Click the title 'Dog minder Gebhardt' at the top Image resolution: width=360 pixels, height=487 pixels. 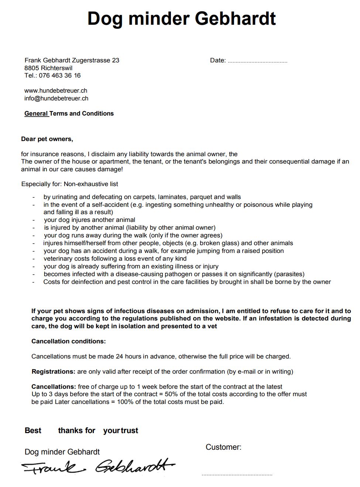[x=181, y=18]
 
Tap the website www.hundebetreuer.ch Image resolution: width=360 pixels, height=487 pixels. [x=56, y=90]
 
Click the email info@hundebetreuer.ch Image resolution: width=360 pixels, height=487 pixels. [x=56, y=98]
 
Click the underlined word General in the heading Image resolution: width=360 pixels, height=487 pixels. [x=36, y=114]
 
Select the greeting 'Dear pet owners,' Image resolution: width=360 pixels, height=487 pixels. [x=47, y=139]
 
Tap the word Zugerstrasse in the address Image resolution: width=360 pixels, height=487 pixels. [x=92, y=60]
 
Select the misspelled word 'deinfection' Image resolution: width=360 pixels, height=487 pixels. [x=87, y=282]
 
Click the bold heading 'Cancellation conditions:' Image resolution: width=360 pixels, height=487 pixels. [x=68, y=341]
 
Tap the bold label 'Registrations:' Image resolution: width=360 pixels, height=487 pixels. [x=54, y=371]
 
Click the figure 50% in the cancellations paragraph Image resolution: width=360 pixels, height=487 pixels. [x=171, y=394]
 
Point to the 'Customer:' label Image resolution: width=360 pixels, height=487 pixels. [x=223, y=447]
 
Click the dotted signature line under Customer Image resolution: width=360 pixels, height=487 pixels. [x=237, y=474]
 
